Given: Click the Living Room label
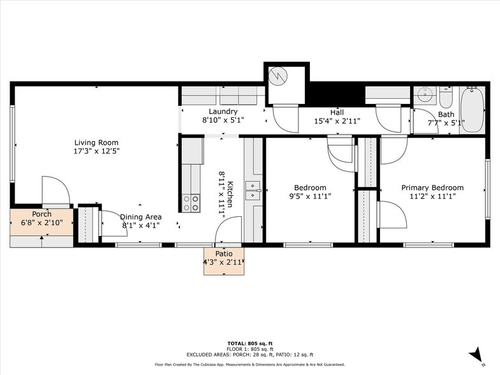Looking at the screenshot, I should point(96,143).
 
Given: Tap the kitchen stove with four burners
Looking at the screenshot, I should point(191,203).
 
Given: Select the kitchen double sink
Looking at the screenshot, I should point(253,190).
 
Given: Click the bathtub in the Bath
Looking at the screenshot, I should point(473,110).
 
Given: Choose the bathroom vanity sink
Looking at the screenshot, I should point(424,96).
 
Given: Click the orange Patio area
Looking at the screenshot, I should point(224,261).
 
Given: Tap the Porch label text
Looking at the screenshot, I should point(41,214).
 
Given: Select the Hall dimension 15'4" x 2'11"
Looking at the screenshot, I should point(337,121).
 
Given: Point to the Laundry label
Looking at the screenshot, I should point(223,112).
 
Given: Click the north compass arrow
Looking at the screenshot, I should point(475,353).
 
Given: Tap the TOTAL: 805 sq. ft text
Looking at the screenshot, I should point(249,344).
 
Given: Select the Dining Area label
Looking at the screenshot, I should point(140,217).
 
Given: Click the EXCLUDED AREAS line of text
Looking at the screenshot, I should point(249,355).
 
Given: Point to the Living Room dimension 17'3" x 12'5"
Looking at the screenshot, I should point(96,152).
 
